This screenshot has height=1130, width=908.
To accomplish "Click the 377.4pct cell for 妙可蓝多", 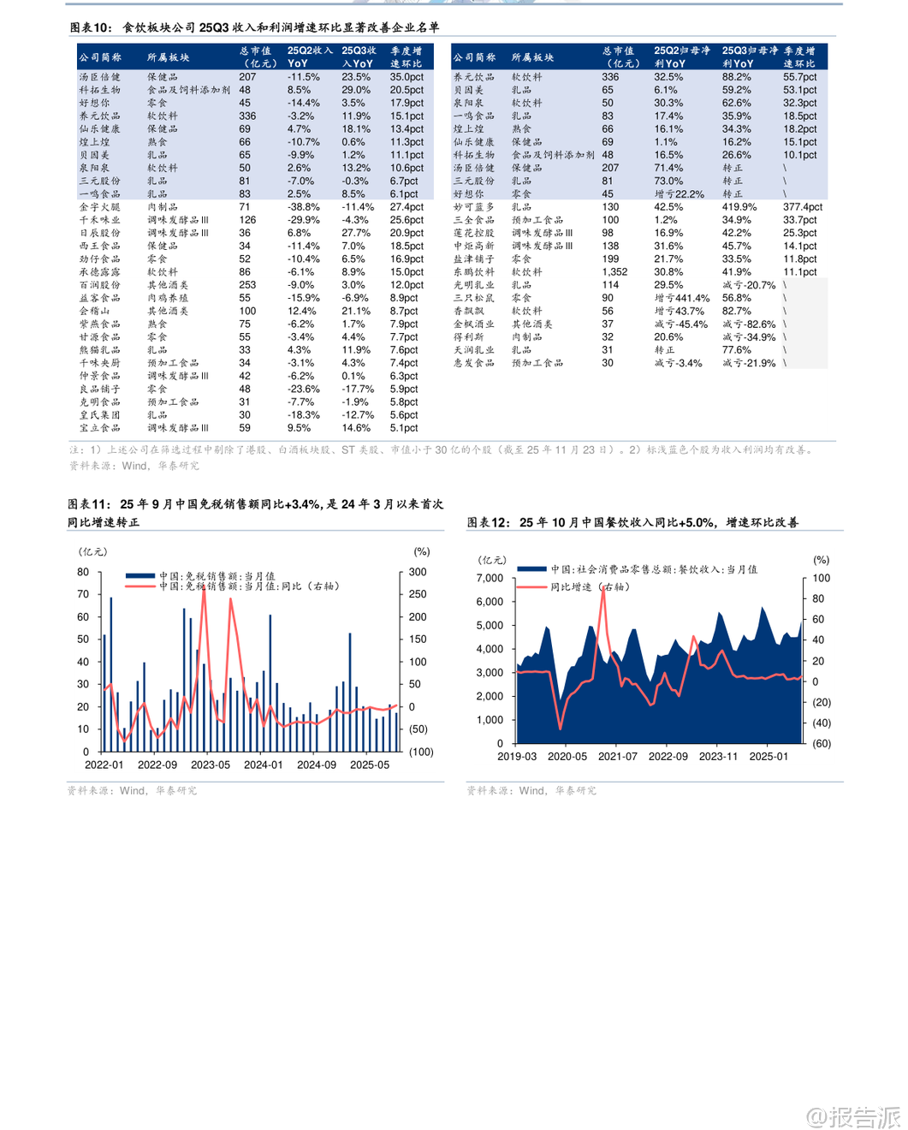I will (x=802, y=207).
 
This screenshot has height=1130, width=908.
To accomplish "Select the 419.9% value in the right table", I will (x=739, y=207).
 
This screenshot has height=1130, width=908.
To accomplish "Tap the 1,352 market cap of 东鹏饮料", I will (x=614, y=272).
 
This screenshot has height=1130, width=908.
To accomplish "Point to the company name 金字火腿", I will (x=99, y=207).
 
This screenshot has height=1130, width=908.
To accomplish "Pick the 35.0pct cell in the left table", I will (x=407, y=77).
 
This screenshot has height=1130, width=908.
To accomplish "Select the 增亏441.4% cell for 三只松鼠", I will (x=681, y=298).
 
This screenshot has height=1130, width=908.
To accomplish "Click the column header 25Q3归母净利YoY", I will (x=750, y=57).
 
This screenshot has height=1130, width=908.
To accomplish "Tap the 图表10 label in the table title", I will (x=91, y=28).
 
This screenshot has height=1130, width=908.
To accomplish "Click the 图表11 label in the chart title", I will (x=89, y=504).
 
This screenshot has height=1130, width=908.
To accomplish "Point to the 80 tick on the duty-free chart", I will (x=83, y=572).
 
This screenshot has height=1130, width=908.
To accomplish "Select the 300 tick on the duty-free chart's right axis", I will (x=418, y=572).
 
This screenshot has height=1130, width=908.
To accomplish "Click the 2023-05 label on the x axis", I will (x=211, y=764).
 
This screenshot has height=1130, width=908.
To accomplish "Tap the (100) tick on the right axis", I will (x=421, y=752).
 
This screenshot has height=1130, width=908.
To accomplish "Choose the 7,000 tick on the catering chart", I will (x=490, y=578).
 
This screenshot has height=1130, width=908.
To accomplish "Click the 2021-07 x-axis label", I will (x=618, y=756).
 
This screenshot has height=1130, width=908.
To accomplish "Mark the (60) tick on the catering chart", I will (x=821, y=743).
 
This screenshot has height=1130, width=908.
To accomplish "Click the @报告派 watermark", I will (x=853, y=1116).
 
